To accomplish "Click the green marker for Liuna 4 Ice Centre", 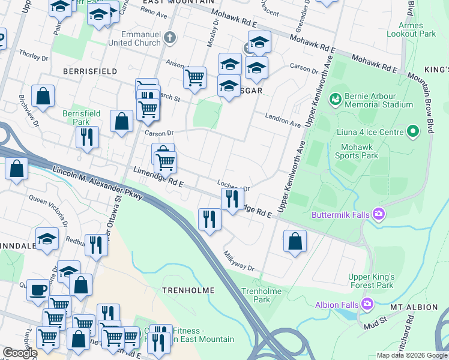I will [412, 131].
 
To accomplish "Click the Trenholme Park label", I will [256, 295].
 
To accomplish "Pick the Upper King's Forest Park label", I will [371, 281].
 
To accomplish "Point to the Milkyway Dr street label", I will [239, 260].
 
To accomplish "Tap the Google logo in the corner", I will [19, 353].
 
